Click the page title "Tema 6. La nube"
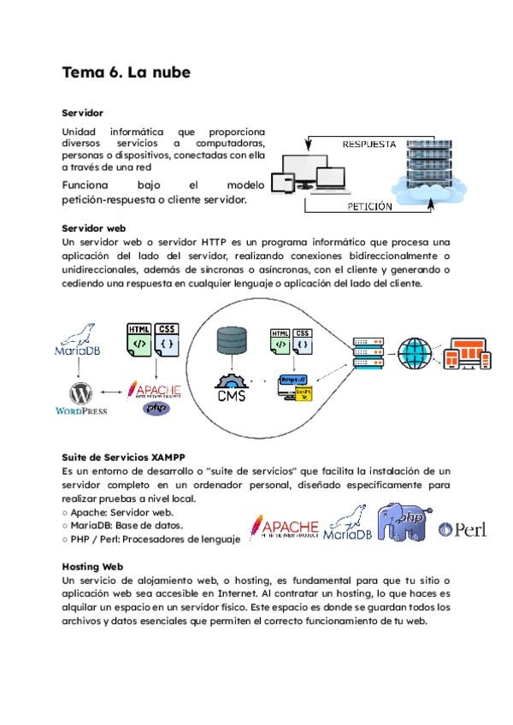[x=126, y=73]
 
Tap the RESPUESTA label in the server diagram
[x=369, y=144]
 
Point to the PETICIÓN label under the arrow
[x=370, y=207]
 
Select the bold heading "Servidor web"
[x=94, y=228]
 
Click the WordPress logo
[x=82, y=398]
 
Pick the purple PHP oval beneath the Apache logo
[x=156, y=409]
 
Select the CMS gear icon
[x=232, y=389]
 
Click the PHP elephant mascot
[x=406, y=527]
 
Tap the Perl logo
[x=462, y=530]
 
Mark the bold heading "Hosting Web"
[x=93, y=566]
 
